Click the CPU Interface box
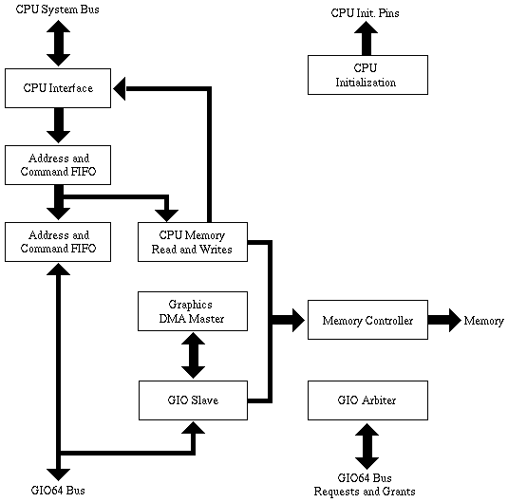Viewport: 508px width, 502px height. pyautogui.click(x=58, y=88)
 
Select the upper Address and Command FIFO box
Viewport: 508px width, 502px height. pyautogui.click(x=58, y=165)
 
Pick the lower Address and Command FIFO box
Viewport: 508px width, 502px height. pyautogui.click(x=58, y=242)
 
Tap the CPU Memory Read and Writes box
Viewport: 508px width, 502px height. pyautogui.click(x=193, y=242)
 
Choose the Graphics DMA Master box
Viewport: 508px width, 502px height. pyautogui.click(x=193, y=312)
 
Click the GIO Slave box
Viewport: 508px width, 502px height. pyautogui.click(x=193, y=400)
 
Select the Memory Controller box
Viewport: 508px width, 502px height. pyautogui.click(x=367, y=321)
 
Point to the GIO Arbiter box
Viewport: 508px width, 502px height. pyautogui.click(x=367, y=400)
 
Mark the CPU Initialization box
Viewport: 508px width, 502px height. pyautogui.click(x=366, y=75)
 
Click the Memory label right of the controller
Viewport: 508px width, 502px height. pyautogui.click(x=483, y=321)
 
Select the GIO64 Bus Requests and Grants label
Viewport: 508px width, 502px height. pyautogui.click(x=365, y=484)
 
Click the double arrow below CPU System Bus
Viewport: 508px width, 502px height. pyautogui.click(x=58, y=43)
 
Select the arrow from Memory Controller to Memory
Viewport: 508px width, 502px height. pyautogui.click(x=443, y=321)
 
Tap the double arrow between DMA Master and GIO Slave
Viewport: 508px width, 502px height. pyautogui.click(x=193, y=356)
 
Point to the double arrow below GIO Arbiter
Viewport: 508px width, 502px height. pyautogui.click(x=367, y=444)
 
